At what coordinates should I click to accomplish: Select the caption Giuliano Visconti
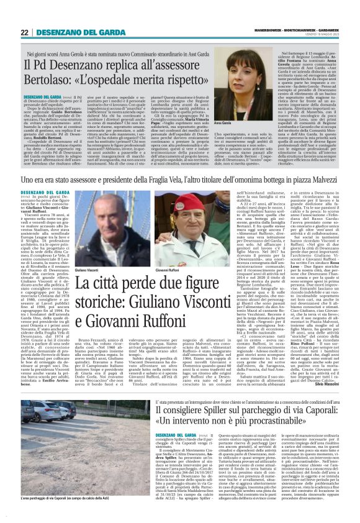[88, 253]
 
